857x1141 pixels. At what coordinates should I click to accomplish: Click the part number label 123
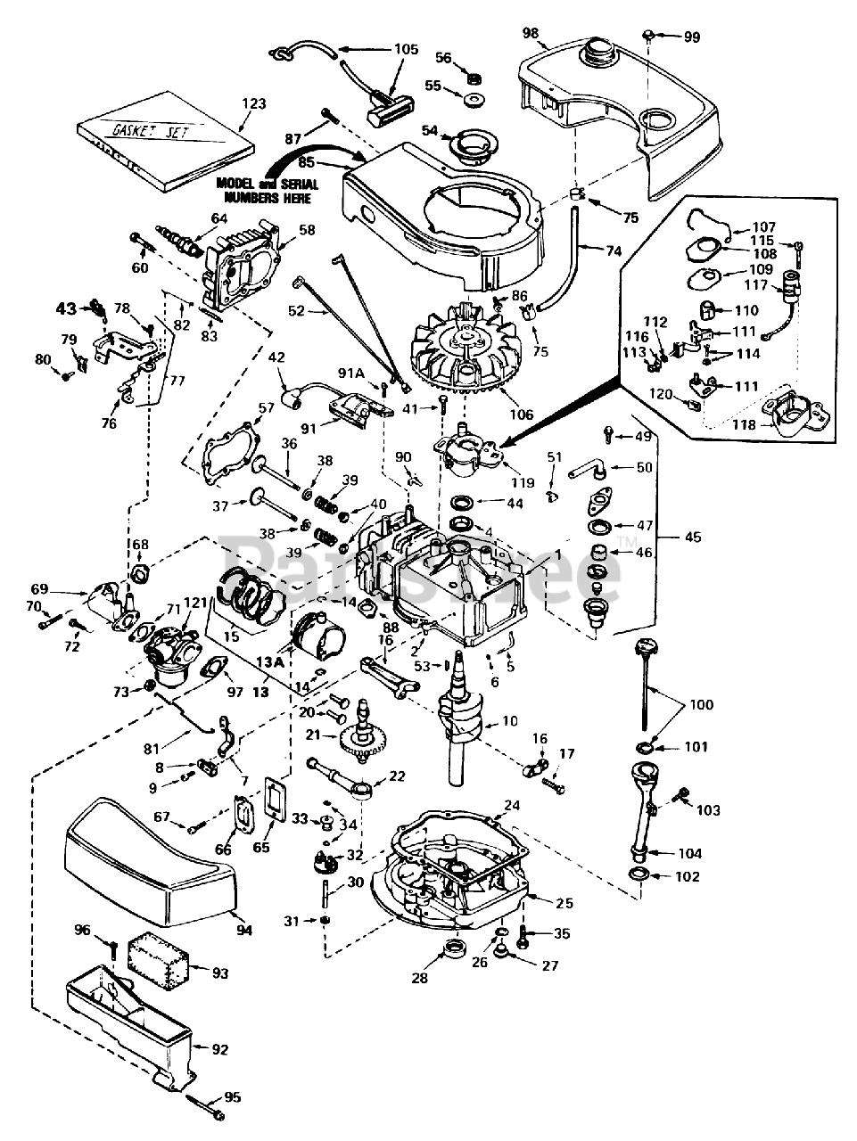click(253, 103)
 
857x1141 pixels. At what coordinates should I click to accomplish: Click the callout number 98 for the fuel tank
click(531, 33)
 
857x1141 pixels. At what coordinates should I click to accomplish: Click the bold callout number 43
click(67, 308)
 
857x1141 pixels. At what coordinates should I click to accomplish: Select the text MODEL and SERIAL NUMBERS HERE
click(268, 191)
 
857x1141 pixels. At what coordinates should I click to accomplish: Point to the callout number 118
click(744, 424)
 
